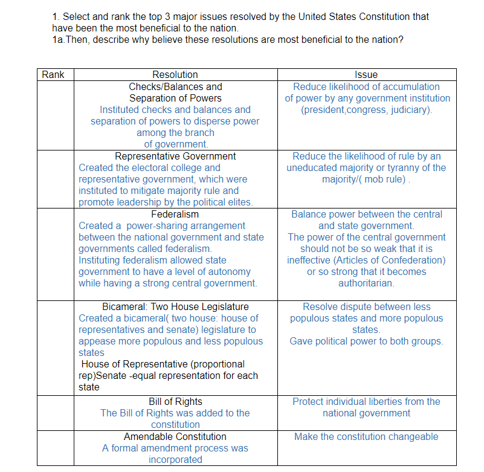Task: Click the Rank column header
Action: (52, 75)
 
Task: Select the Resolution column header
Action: (175, 75)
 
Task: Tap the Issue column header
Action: (366, 75)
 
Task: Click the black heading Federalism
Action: (175, 214)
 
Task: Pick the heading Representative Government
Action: (175, 156)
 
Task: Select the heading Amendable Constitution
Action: (175, 436)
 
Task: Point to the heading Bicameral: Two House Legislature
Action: (175, 306)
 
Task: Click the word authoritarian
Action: (366, 283)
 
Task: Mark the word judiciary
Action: (410, 109)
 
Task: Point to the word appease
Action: (97, 341)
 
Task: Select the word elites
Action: (239, 202)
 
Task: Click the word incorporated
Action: (175, 459)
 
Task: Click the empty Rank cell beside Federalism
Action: (56, 254)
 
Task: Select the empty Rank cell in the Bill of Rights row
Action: (56, 413)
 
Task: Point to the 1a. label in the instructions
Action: (59, 39)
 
